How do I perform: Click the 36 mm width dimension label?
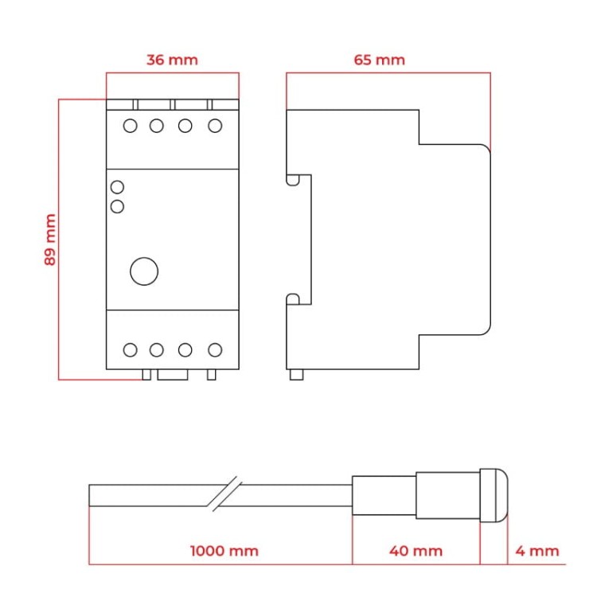172,60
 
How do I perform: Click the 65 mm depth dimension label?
379,60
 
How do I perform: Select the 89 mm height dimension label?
50,239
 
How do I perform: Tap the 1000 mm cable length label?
224,551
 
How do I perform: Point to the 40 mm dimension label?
416,551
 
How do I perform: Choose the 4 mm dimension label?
537,551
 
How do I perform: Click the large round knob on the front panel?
144,271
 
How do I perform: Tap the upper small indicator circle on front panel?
117,188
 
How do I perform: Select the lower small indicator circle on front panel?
117,207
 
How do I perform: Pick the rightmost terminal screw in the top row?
214,126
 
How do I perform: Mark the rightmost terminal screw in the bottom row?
214,349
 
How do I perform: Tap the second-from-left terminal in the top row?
157,126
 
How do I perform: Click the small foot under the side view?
296,375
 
